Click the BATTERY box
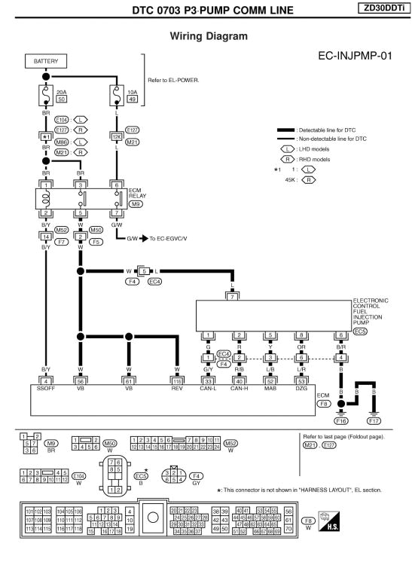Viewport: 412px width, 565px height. (46, 60)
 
